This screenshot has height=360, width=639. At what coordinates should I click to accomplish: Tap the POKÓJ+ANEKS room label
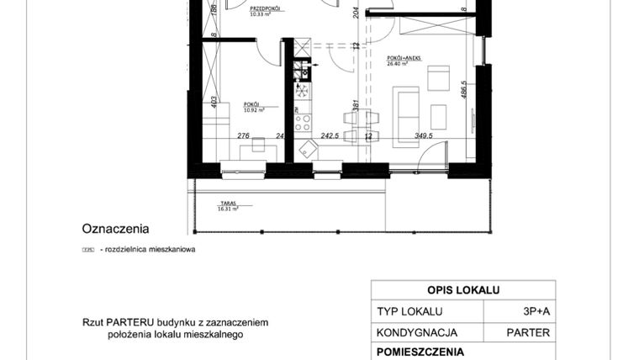404,58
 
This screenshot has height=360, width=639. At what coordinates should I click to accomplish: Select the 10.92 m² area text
255,109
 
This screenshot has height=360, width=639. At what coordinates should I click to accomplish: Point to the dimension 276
245,135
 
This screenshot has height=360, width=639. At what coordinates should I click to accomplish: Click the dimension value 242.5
329,135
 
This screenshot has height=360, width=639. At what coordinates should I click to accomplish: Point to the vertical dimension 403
215,102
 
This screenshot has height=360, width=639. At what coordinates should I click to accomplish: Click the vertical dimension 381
356,106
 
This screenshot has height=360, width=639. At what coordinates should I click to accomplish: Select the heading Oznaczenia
115,228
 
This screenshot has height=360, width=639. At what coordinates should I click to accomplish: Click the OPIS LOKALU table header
462,290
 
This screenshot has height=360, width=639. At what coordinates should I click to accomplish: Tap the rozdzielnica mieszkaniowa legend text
147,250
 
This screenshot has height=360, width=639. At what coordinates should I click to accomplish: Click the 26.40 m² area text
397,64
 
